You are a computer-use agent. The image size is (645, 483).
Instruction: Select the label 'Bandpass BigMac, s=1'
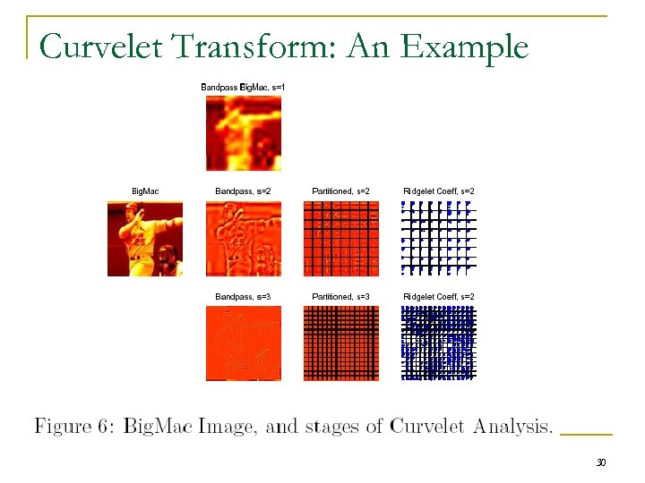click(x=243, y=87)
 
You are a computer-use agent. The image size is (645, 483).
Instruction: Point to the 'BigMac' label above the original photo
click(x=145, y=191)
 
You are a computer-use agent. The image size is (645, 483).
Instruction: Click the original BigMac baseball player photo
click(x=145, y=238)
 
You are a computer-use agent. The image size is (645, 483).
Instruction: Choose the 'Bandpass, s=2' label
click(x=243, y=191)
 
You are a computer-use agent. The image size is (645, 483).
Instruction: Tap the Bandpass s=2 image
click(x=243, y=238)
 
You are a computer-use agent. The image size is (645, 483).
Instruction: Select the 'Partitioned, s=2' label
click(x=340, y=191)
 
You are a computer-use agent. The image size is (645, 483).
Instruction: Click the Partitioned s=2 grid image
click(x=340, y=238)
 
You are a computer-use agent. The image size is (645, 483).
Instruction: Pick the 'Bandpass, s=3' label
click(x=243, y=296)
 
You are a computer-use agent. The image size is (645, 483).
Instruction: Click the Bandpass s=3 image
click(x=243, y=343)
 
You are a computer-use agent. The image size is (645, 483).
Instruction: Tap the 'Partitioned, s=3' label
click(x=340, y=296)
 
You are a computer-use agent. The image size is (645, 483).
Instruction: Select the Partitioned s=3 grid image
click(x=340, y=343)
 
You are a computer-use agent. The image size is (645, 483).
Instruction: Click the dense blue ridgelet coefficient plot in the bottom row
click(x=438, y=343)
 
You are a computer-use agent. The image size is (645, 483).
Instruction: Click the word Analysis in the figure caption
click(x=505, y=428)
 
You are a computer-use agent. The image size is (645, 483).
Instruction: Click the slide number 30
click(x=601, y=462)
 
